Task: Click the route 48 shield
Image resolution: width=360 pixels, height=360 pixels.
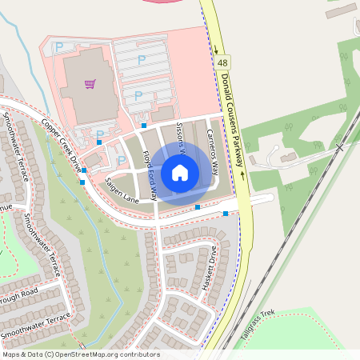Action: click(222, 62)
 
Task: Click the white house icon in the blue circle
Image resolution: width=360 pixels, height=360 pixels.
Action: click(179, 172)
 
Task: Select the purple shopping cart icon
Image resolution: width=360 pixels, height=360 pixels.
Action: click(90, 83)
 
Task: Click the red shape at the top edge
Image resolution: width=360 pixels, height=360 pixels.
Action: click(172, 2)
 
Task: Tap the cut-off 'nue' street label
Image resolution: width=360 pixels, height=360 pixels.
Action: click(6, 206)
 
